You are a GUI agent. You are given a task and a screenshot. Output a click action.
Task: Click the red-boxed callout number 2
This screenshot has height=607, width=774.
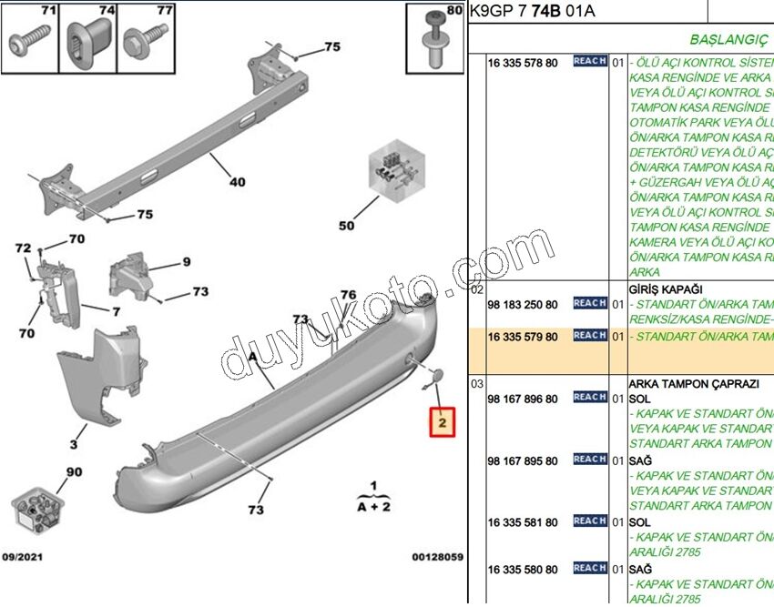[442, 423]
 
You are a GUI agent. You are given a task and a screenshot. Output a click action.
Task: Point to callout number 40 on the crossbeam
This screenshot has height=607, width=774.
[237, 182]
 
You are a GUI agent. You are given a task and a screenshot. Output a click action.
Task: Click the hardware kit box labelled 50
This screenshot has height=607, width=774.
[392, 171]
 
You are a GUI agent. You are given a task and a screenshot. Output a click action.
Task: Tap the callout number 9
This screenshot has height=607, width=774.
[186, 263]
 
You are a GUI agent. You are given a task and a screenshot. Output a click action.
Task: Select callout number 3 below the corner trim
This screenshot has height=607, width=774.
[74, 445]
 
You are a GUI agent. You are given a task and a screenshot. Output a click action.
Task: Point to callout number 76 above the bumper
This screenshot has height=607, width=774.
[348, 295]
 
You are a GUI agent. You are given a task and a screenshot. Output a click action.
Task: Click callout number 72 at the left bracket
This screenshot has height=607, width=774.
[23, 248]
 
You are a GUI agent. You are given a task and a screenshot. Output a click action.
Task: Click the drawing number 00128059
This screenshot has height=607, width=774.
[437, 556]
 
